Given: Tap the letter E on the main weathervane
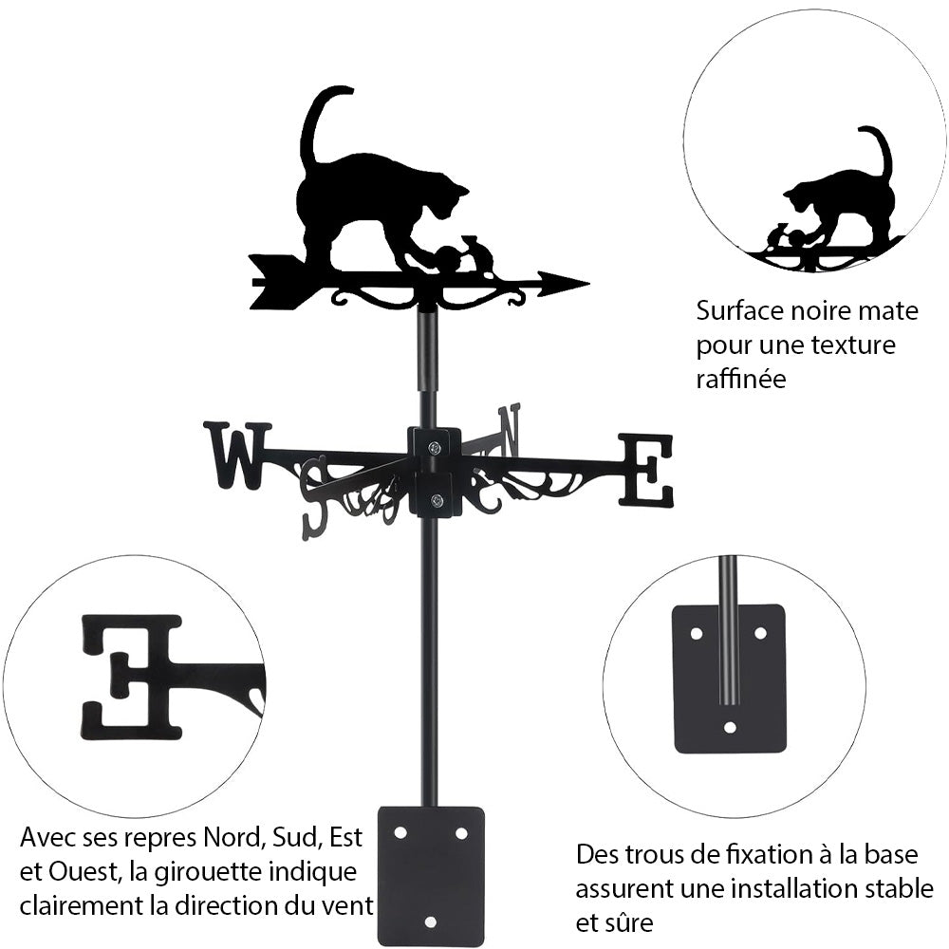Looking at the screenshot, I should [646, 469].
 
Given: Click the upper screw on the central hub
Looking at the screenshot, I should [435, 448].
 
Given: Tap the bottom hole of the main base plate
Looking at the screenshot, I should [431, 921].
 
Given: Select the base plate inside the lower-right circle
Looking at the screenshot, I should [729, 679].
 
